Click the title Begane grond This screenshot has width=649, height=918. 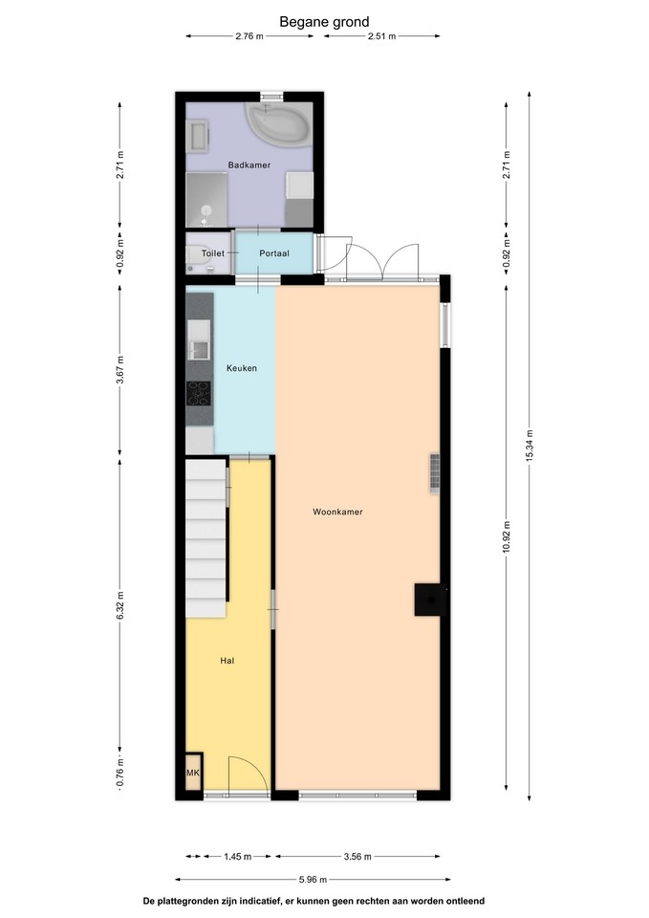coord(324,22)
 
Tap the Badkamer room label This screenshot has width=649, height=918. coord(249,165)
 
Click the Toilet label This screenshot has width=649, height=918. coord(213,253)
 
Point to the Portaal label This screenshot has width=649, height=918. coord(274,253)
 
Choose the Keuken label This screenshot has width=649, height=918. coord(242,368)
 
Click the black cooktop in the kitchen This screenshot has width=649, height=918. coord(199,393)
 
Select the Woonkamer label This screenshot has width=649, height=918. coord(337,512)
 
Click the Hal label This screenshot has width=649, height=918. coord(227,661)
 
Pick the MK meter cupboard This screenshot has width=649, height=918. coord(193,773)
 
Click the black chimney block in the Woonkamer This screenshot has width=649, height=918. coord(430,600)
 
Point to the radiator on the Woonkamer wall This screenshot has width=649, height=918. coord(434,473)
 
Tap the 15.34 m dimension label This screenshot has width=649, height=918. coord(529,446)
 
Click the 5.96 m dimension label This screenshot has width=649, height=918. coord(313,880)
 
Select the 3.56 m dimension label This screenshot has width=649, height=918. coord(357,857)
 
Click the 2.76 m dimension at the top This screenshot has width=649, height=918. coord(249,36)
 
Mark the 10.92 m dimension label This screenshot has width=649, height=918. coord(507,536)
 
